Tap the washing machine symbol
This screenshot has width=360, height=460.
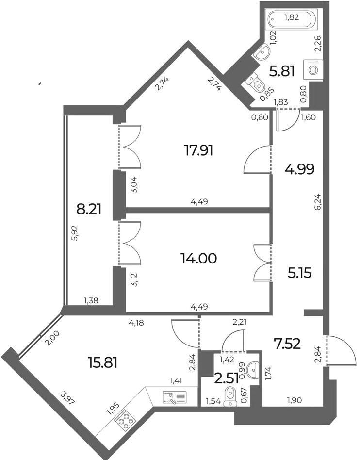(x=314, y=69)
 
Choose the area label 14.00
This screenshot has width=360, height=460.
(x=198, y=259)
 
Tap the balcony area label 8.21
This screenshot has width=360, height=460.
(x=89, y=210)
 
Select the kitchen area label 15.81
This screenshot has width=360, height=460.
(x=103, y=363)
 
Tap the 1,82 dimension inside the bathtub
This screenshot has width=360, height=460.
(x=291, y=17)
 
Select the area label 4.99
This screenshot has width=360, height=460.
(x=299, y=169)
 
